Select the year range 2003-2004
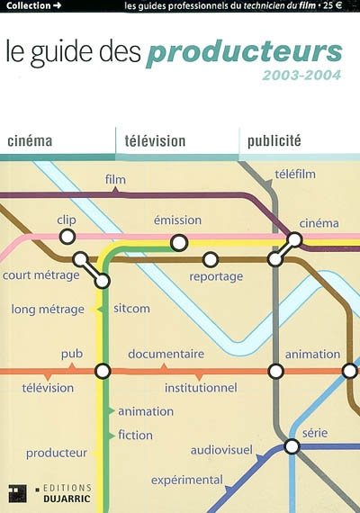(x=301, y=75)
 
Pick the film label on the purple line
(x=114, y=180)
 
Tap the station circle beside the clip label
(x=65, y=236)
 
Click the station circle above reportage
(x=210, y=259)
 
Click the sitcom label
(x=131, y=309)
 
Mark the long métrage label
(x=48, y=310)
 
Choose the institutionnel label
(x=200, y=388)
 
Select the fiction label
(x=135, y=435)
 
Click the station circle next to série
(x=291, y=446)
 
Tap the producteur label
(x=57, y=453)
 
